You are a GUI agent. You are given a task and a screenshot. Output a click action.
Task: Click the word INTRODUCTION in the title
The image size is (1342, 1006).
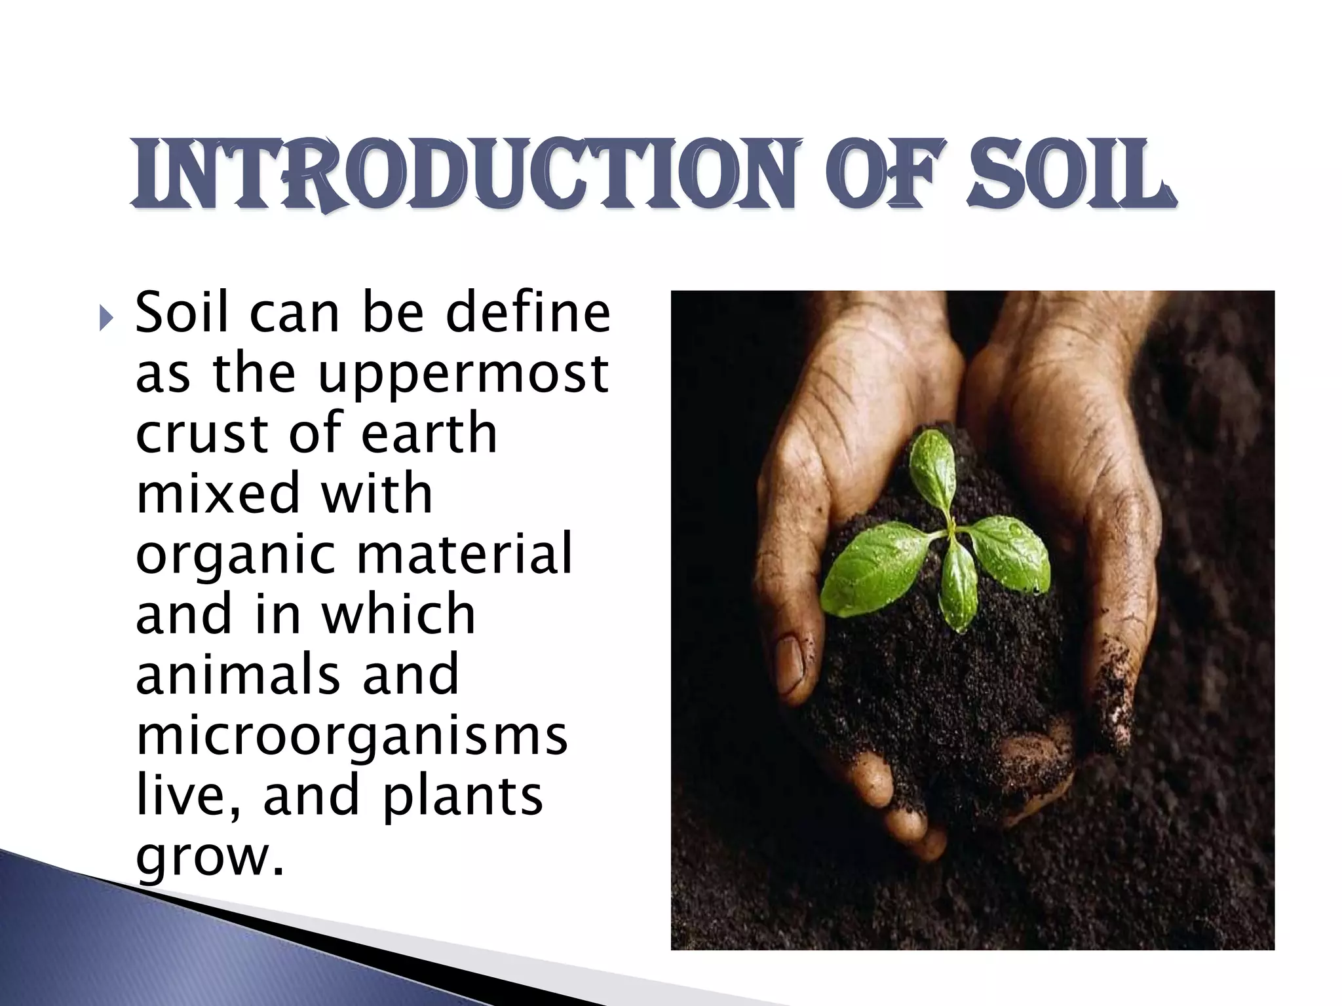(465, 174)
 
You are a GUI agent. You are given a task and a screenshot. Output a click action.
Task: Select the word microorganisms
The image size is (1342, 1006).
(351, 737)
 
